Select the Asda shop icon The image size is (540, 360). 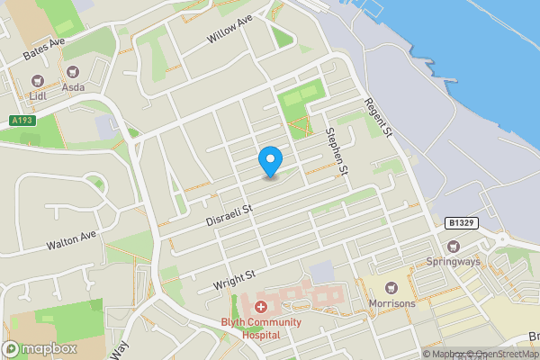pos(74,70)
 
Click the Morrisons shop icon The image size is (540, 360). pos(391,288)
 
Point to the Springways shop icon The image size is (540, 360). pos(454,247)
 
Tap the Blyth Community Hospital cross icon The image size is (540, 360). pos(260,307)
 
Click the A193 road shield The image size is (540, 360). pos(23,121)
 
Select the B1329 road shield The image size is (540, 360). pos(460,220)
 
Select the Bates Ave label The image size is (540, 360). pos(44,49)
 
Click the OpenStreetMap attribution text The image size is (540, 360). pos(500,354)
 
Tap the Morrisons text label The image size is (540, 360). pos(391,303)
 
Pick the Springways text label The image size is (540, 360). pos(454,263)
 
